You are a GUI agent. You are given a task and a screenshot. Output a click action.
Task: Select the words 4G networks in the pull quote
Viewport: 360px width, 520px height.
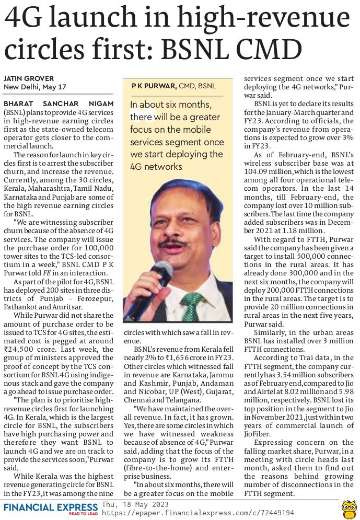pos(156,167)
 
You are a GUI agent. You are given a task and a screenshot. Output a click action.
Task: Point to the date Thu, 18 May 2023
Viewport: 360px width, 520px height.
pos(135,504)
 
